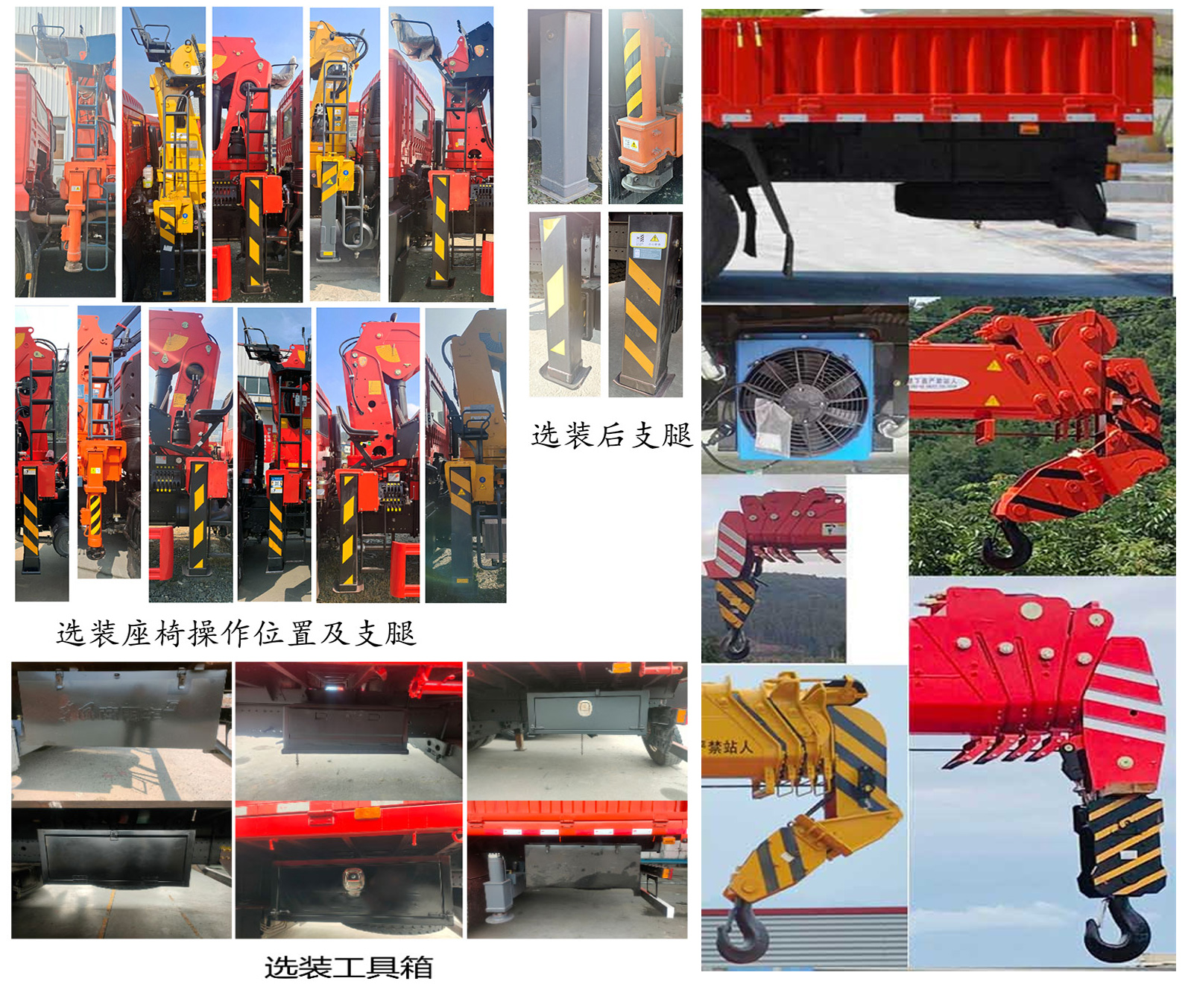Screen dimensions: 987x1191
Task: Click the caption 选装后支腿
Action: [x=611, y=435]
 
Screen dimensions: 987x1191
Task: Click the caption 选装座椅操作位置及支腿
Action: [x=236, y=634]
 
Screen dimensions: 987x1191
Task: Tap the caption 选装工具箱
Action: [x=348, y=967]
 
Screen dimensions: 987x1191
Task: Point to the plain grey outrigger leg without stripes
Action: [x=564, y=104]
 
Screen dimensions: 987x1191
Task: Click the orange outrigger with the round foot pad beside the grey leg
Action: [x=645, y=104]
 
